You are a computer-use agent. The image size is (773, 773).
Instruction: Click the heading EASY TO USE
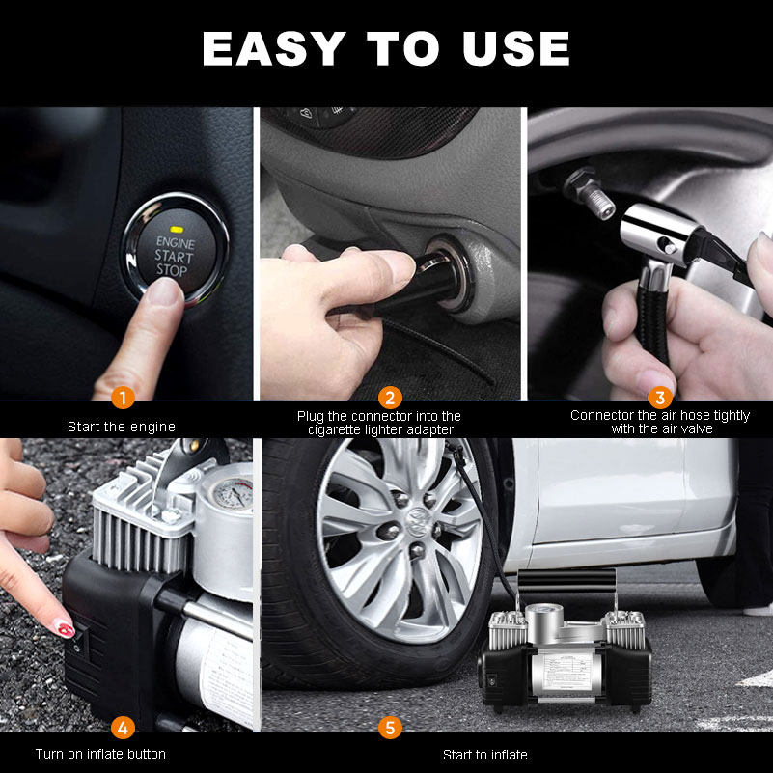386,48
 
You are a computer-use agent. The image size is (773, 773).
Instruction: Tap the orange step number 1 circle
122,397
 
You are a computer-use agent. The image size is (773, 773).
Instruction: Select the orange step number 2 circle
390,397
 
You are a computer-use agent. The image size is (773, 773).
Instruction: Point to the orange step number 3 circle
660,397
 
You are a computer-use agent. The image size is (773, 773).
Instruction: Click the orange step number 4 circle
122,727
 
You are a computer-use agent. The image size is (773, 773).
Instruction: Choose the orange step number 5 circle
390,727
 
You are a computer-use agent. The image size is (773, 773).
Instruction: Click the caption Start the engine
122,426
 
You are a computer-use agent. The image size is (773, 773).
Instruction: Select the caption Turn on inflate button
100,754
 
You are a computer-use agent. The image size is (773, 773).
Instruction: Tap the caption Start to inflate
485,754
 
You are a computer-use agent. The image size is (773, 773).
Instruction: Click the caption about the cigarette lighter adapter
379,423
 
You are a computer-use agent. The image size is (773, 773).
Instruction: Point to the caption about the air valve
660,422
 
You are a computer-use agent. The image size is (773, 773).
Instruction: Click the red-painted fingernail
64,628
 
